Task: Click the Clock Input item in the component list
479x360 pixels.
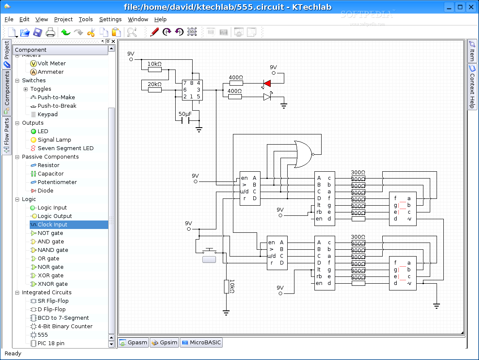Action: pyautogui.click(x=52, y=225)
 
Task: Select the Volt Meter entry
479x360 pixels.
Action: pyautogui.click(x=51, y=64)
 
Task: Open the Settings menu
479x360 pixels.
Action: pyautogui.click(x=110, y=19)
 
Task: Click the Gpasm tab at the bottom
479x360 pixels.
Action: pyautogui.click(x=134, y=343)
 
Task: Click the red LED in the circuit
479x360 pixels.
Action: pyautogui.click(x=267, y=83)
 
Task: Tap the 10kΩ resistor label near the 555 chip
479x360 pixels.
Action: pyautogui.click(x=154, y=64)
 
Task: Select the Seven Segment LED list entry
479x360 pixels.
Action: pyautogui.click(x=65, y=148)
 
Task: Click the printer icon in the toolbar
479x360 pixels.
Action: pyautogui.click(x=50, y=32)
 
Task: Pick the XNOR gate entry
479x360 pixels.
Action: pyautogui.click(x=52, y=284)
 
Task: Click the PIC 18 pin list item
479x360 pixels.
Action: pyautogui.click(x=51, y=343)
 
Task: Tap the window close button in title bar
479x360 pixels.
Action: pyautogui.click(x=471, y=7)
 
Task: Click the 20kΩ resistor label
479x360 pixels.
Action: pyautogui.click(x=154, y=84)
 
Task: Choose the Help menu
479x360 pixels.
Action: pyautogui.click(x=160, y=19)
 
